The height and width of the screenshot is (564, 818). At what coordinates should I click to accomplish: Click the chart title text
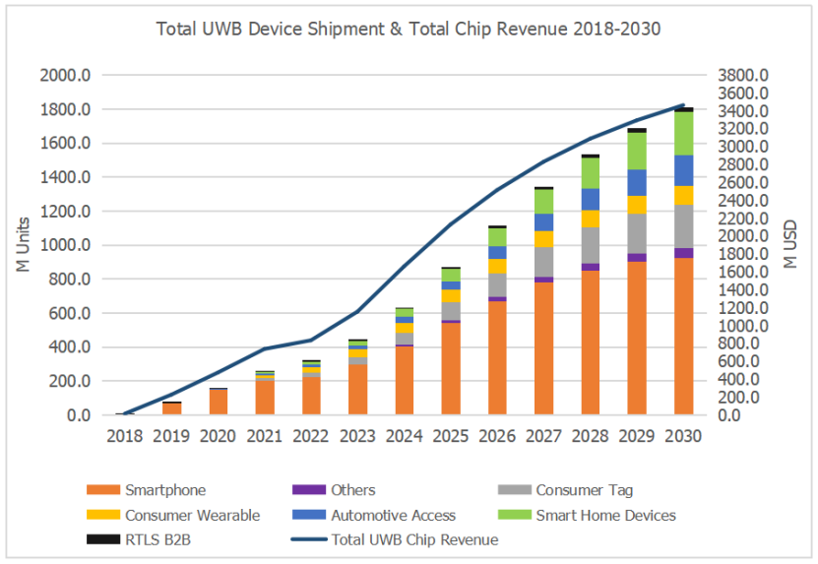pyautogui.click(x=408, y=29)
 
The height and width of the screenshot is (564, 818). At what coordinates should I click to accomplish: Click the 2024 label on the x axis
pyautogui.click(x=404, y=435)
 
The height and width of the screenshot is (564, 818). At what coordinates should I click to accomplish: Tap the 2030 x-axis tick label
pyautogui.click(x=683, y=435)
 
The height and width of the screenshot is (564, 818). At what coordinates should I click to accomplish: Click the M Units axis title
pyautogui.click(x=24, y=245)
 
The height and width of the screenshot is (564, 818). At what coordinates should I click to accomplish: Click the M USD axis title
pyautogui.click(x=790, y=245)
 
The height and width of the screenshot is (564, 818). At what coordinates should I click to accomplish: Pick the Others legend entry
pyautogui.click(x=352, y=489)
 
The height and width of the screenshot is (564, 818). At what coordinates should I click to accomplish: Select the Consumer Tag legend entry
pyautogui.click(x=584, y=489)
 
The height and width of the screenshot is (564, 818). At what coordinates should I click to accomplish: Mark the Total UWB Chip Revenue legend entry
pyautogui.click(x=413, y=539)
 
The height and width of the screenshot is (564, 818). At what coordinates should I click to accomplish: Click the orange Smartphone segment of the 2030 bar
pyautogui.click(x=683, y=335)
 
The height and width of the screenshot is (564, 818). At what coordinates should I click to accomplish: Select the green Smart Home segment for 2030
pyautogui.click(x=683, y=133)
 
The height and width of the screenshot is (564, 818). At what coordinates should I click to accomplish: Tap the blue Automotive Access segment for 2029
pyautogui.click(x=637, y=182)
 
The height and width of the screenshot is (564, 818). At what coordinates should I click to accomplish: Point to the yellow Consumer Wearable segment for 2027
pyautogui.click(x=543, y=239)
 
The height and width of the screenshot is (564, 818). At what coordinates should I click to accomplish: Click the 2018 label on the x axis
pyautogui.click(x=124, y=435)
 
